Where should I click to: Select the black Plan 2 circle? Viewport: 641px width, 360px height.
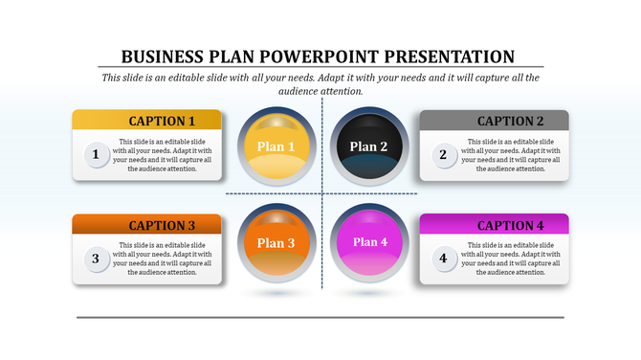[368, 146]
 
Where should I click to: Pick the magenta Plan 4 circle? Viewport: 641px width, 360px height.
[368, 242]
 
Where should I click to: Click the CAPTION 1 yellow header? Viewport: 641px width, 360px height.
[147, 121]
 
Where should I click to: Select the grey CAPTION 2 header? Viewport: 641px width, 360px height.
[495, 121]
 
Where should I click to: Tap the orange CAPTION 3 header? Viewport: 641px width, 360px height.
[147, 225]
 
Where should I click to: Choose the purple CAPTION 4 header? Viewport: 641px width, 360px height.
[495, 225]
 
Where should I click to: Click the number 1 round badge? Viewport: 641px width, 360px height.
[95, 153]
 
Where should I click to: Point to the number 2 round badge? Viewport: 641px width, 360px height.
[442, 153]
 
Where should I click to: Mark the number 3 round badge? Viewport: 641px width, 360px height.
[95, 258]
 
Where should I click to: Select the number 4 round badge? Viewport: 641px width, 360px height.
[442, 258]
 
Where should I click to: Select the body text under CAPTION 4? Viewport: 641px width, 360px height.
[510, 259]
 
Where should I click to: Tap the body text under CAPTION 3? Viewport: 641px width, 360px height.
[162, 259]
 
